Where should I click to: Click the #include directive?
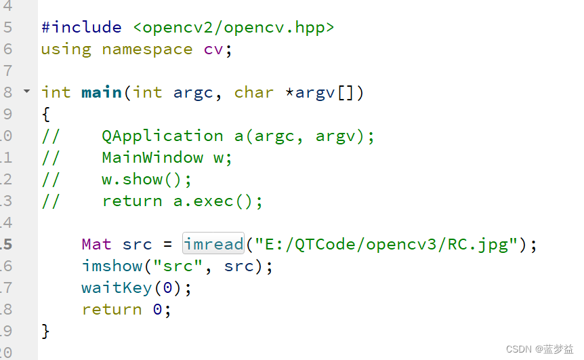coord(81,28)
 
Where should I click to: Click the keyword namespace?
coord(147,49)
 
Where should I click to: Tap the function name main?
coord(102,92)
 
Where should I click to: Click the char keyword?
coord(253,92)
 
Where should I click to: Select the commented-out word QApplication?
coord(163,136)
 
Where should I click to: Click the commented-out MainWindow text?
coord(152,157)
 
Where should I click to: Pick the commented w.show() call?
coord(147,179)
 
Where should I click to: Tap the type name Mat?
coord(97,244)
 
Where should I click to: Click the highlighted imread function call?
coord(213,244)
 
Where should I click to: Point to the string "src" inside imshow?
coord(178,266)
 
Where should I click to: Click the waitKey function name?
coord(117,287)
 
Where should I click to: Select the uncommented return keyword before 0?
coord(112,309)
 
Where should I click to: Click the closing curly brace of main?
coord(45,331)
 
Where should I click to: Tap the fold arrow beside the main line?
coord(27,91)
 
